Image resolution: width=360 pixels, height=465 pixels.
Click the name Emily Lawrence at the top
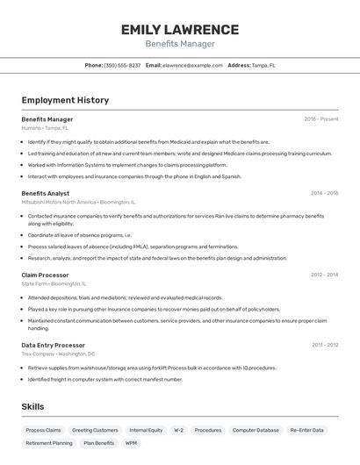[x=180, y=29]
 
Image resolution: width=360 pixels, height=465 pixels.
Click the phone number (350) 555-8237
[x=122, y=65]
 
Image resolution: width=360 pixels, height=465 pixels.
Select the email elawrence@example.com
[x=192, y=65]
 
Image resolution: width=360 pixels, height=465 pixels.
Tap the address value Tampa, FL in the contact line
[x=263, y=65]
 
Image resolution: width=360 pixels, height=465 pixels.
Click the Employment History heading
[x=65, y=100]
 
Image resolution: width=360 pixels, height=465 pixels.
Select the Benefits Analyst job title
[x=45, y=193]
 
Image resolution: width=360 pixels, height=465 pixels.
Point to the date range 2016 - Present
[x=320, y=119]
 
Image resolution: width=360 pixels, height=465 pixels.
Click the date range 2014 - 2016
[x=324, y=193]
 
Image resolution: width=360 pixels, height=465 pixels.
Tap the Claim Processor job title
[x=45, y=275]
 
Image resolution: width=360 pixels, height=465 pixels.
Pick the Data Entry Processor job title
[x=53, y=345]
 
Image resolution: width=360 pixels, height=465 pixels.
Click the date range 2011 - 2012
[x=324, y=345]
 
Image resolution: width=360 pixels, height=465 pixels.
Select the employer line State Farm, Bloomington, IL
[x=54, y=283]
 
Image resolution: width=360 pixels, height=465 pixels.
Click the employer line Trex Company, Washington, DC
[x=58, y=354]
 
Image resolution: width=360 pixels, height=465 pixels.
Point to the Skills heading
[x=32, y=407]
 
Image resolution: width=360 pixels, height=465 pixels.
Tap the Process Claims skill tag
[x=43, y=430]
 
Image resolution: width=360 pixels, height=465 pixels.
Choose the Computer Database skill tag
[x=256, y=430]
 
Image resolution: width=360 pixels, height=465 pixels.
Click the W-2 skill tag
[x=178, y=430]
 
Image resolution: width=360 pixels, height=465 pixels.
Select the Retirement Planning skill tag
[x=49, y=443]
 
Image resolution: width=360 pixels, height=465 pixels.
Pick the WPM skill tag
[x=131, y=443]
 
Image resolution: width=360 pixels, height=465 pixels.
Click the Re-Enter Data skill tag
[x=306, y=430]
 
